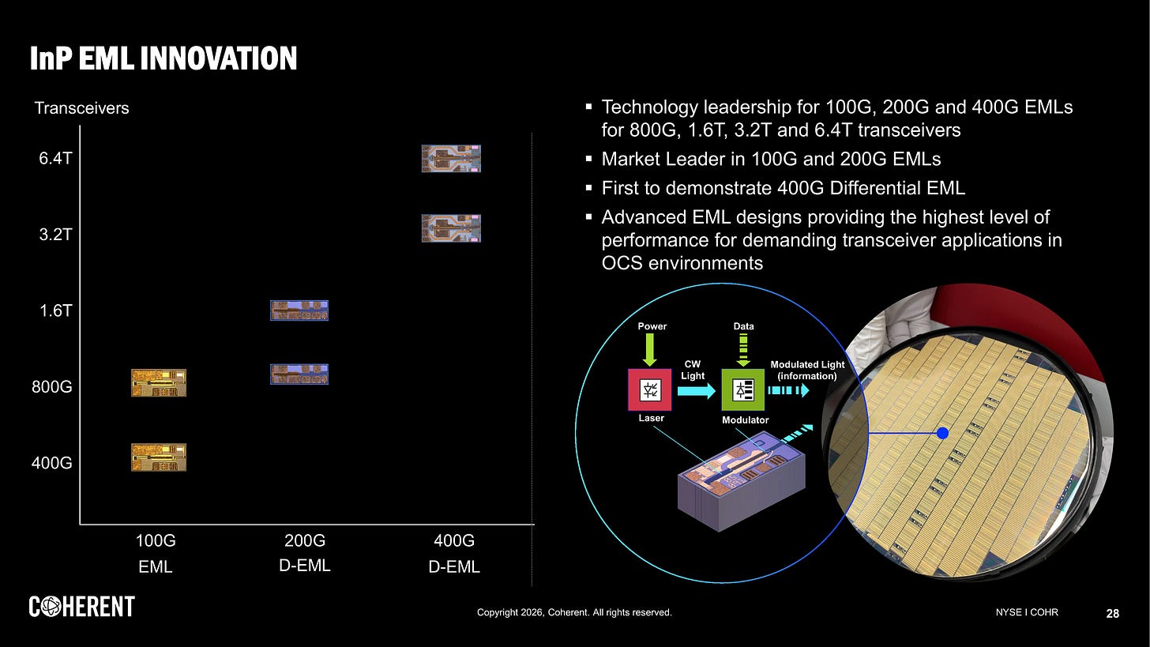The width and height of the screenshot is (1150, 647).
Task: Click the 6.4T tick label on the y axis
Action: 56,159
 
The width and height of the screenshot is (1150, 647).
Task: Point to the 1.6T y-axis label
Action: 56,310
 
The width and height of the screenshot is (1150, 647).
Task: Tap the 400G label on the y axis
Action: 52,463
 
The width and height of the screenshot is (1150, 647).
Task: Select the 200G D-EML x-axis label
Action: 305,553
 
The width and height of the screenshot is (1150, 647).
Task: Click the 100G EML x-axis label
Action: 156,554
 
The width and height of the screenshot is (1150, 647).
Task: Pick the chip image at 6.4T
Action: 451,159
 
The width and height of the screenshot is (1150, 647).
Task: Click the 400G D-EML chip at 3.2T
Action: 451,228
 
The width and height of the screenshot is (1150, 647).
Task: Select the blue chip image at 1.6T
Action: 299,310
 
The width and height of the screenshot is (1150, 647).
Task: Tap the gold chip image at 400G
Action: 159,457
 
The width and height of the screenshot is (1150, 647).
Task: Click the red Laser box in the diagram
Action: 650,389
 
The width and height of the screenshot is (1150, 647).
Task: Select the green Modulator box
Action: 743,389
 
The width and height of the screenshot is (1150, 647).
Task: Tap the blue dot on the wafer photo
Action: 941,433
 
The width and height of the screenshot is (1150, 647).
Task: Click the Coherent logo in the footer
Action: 82,607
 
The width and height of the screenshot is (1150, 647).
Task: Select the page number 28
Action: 1112,613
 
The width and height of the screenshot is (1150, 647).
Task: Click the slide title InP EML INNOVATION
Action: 163,58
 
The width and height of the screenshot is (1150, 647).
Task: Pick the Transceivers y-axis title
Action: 81,108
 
